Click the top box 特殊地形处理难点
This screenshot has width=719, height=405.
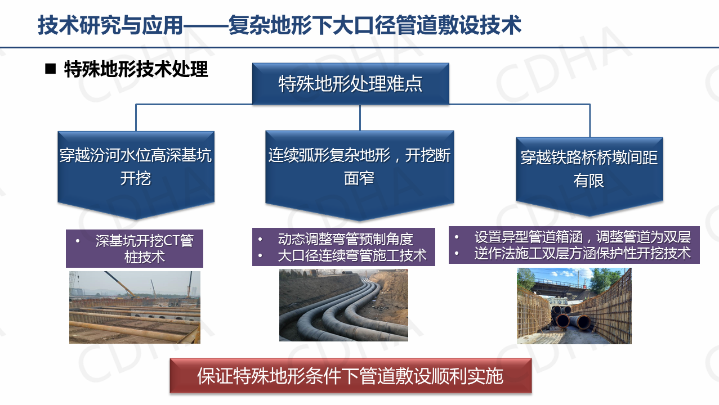click(351, 84)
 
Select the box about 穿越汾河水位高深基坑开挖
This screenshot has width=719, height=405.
click(136, 173)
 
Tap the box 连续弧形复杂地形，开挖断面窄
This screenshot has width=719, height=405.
click(359, 173)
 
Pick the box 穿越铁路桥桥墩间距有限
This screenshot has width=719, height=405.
click(590, 175)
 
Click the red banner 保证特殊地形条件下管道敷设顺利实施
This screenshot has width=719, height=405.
click(351, 376)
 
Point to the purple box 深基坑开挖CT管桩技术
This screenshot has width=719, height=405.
click(135, 249)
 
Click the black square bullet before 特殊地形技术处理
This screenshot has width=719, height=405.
click(51, 69)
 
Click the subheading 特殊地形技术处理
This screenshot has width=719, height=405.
click(136, 69)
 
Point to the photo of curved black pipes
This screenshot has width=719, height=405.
click(343, 305)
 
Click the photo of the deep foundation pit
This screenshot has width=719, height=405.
click(135, 308)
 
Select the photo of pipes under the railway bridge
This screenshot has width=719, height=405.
click(574, 306)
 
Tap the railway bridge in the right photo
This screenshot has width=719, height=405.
click(565, 286)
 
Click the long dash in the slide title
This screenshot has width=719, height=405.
click(206, 25)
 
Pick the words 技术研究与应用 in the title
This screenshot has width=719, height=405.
click(110, 25)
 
